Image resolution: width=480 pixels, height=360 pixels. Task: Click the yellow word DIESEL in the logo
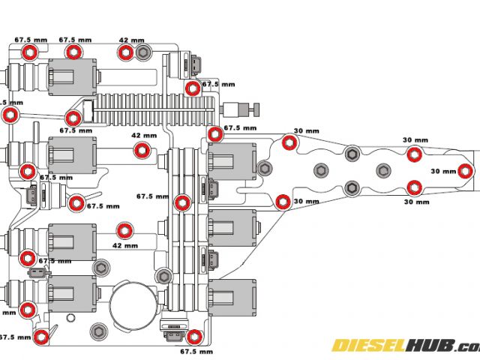pyautogui.click(x=368, y=346)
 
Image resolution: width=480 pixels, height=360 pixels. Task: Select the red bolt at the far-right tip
pyautogui.click(x=466, y=171)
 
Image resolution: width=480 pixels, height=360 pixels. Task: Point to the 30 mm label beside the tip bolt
pyautogui.click(x=443, y=171)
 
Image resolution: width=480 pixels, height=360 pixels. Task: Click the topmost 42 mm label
pyautogui.click(x=132, y=40)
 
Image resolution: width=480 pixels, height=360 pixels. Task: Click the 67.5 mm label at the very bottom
pyautogui.click(x=197, y=350)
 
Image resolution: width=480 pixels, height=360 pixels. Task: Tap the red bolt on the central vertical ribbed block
pyautogui.click(x=182, y=202)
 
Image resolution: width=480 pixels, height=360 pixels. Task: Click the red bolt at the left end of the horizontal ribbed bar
pyautogui.click(x=73, y=118)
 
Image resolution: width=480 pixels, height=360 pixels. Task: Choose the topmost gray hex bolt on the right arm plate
pyautogui.click(x=352, y=154)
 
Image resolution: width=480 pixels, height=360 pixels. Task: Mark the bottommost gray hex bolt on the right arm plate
pyautogui.click(x=351, y=187)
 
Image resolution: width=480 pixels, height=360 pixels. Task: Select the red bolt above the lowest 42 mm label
pyautogui.click(x=125, y=229)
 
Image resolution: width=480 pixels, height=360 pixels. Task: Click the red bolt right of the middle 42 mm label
pyautogui.click(x=140, y=150)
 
